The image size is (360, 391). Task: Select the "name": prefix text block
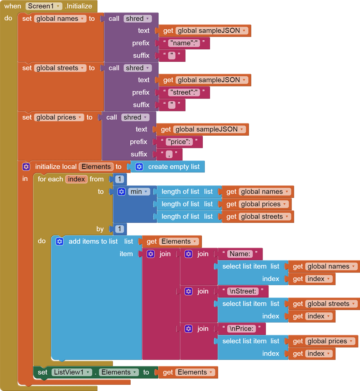click(x=184, y=43)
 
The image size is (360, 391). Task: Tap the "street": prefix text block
click(x=184, y=92)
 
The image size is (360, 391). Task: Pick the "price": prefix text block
click(x=180, y=142)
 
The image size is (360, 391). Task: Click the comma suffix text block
click(x=169, y=154)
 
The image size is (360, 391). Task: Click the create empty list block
click(x=173, y=167)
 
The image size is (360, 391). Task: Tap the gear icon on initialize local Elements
click(x=26, y=167)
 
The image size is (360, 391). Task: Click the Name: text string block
click(x=240, y=254)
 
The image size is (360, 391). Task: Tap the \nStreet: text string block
click(x=243, y=291)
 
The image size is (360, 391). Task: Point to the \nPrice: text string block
click(x=241, y=328)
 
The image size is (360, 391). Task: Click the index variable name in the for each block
click(x=77, y=179)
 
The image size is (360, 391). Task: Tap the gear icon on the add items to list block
click(x=59, y=241)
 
